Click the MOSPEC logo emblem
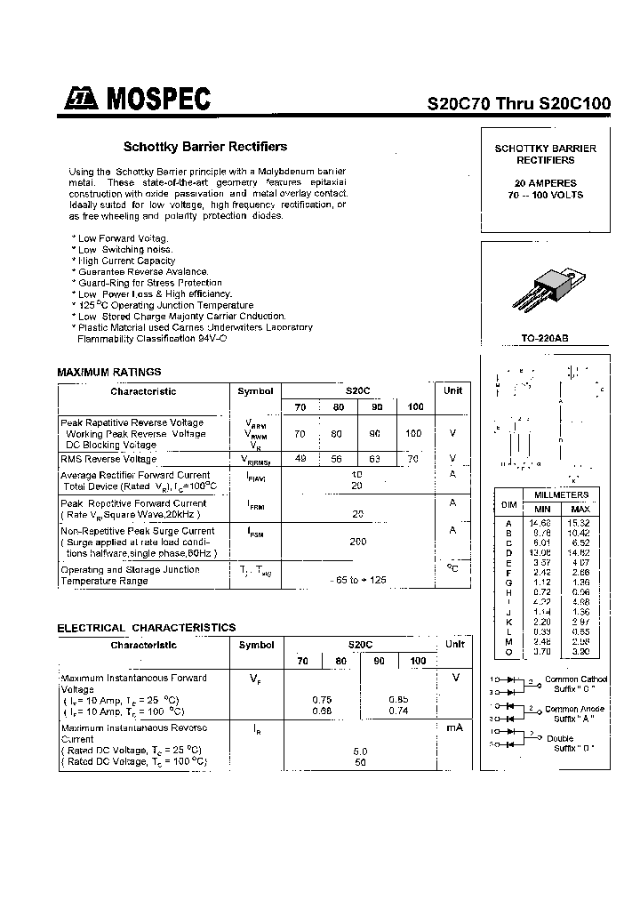[x=77, y=100]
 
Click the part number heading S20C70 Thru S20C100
[x=519, y=103]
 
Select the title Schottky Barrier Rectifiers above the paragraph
[x=204, y=147]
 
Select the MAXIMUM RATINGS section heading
[x=109, y=372]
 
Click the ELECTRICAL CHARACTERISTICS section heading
[x=147, y=627]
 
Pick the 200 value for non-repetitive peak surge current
[x=358, y=541]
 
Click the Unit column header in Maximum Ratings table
[x=452, y=390]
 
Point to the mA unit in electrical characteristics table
[x=454, y=727]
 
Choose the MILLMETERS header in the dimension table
[x=561, y=494]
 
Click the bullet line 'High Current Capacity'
[x=126, y=261]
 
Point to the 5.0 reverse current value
[x=359, y=751]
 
